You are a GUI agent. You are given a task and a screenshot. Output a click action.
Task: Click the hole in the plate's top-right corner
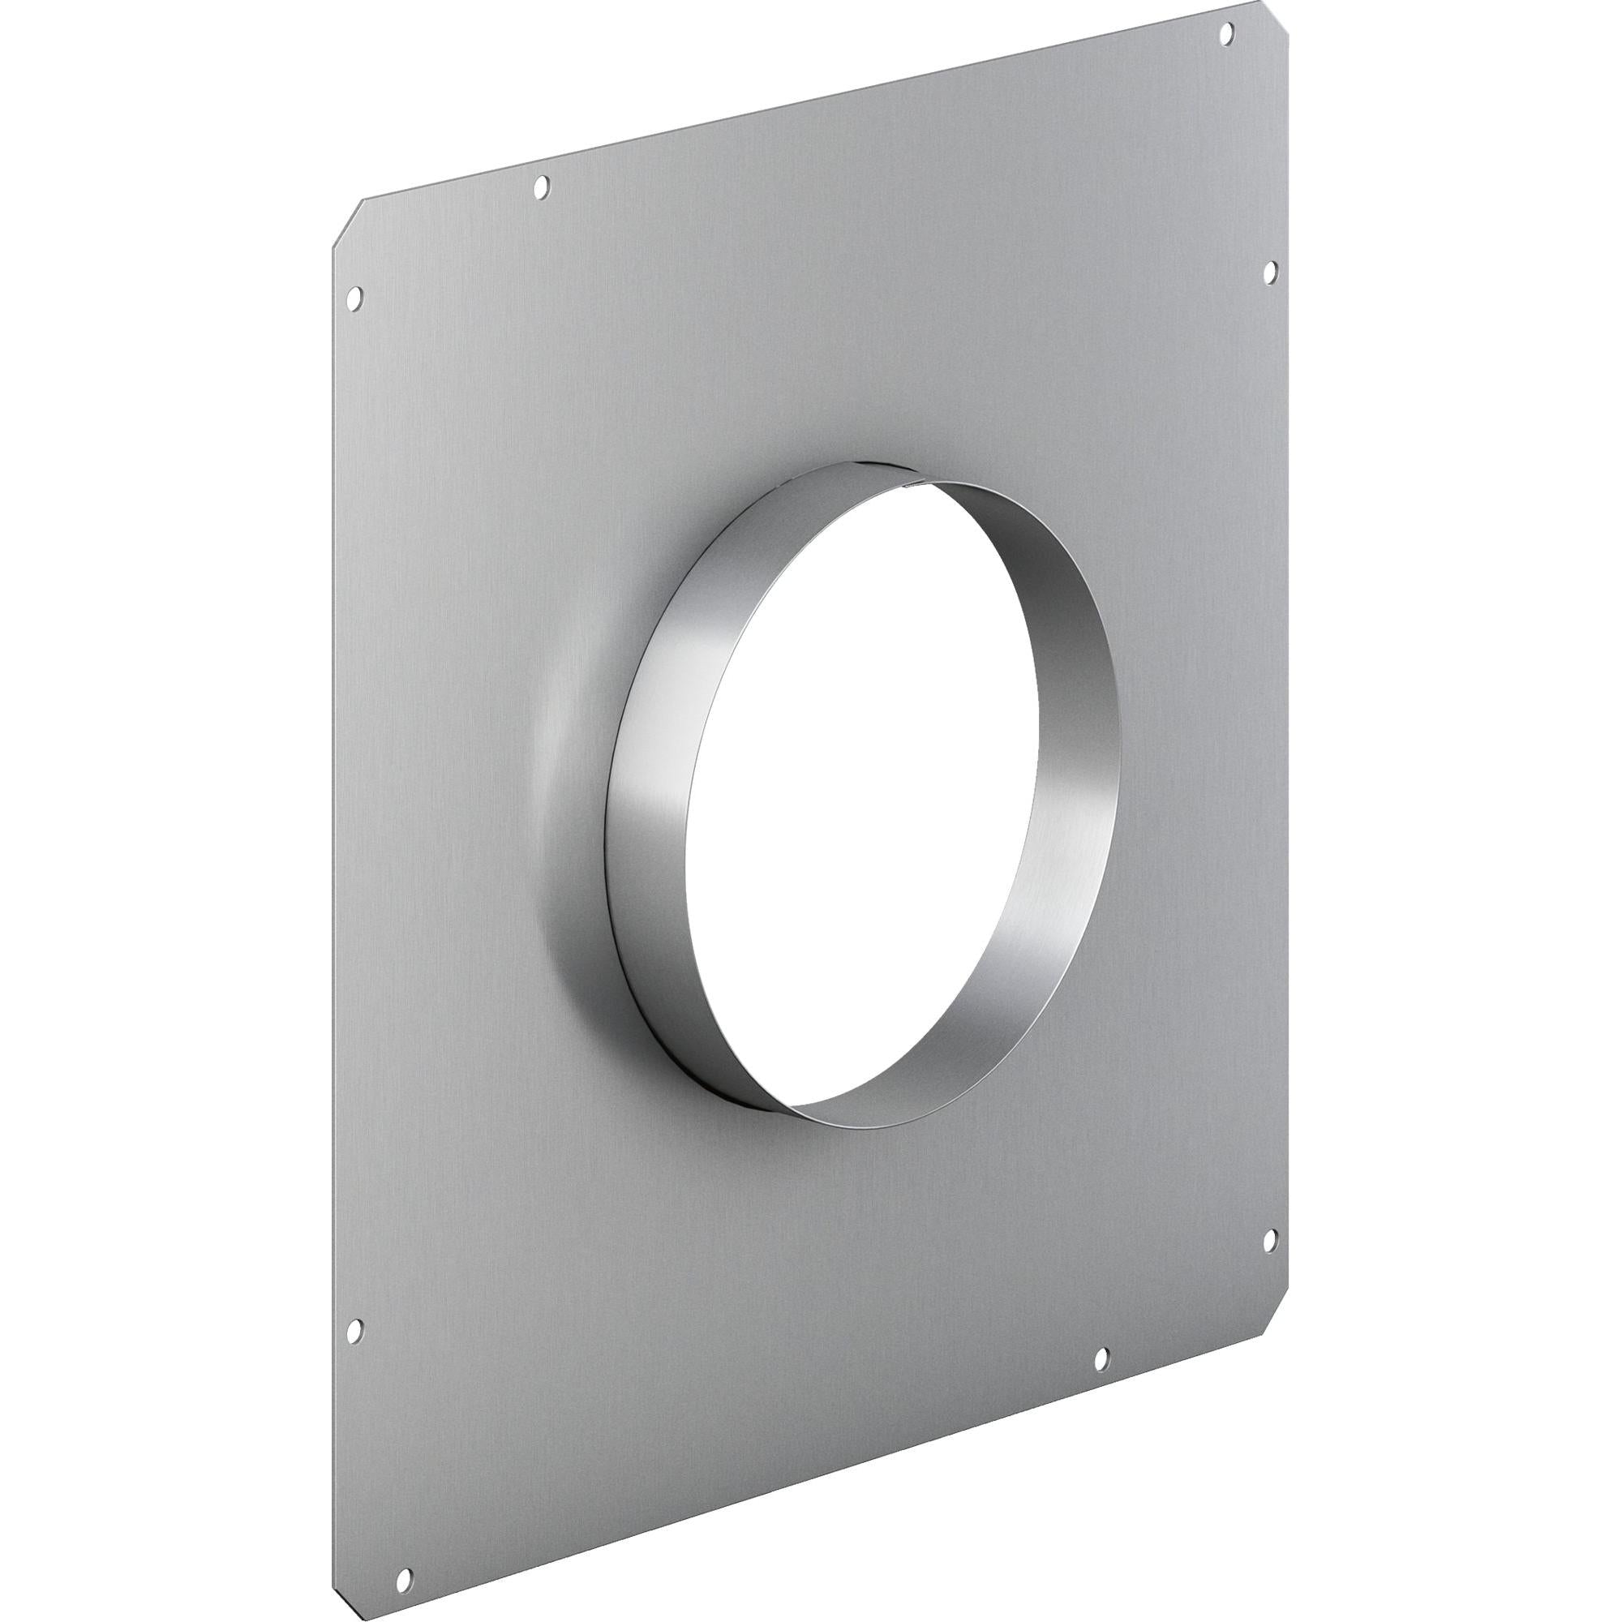click(1225, 33)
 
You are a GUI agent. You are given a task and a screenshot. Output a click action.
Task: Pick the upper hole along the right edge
click(1268, 268)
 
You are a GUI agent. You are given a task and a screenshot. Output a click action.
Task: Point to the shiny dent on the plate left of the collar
click(554, 731)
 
